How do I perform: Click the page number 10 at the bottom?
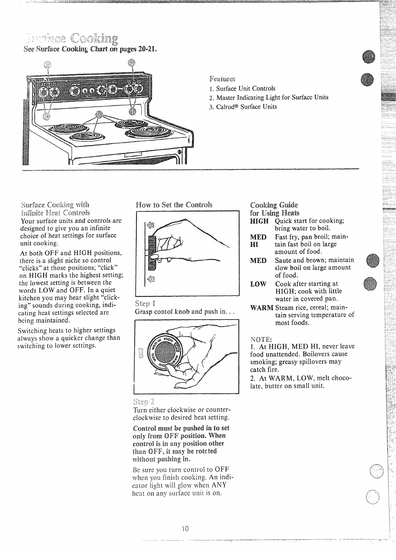[x=185, y=528]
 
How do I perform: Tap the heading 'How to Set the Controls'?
[x=174, y=205]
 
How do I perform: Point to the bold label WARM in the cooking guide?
[x=262, y=308]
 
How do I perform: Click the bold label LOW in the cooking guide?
[x=258, y=284]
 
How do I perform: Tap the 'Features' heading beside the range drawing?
[x=222, y=79]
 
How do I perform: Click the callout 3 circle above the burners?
[x=98, y=115]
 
